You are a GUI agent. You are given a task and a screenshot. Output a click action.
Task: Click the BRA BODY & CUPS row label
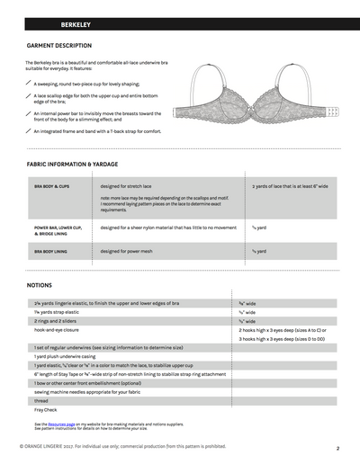pos(51,186)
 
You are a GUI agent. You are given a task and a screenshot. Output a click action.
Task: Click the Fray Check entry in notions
pos(44,410)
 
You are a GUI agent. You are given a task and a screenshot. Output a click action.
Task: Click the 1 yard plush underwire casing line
pos(67,357)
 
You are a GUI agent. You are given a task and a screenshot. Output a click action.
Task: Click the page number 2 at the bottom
pos(336,447)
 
